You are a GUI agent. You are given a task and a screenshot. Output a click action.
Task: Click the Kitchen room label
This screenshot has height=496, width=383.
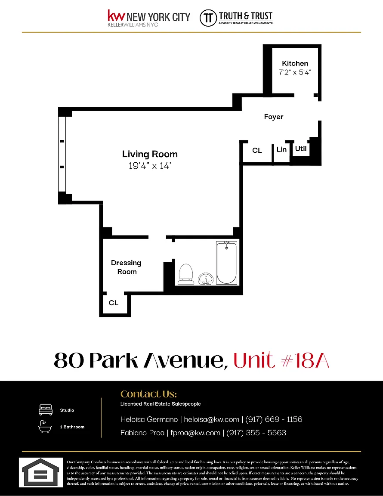click(x=295, y=63)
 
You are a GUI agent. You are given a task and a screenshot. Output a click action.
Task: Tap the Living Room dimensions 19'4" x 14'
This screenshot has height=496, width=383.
click(x=150, y=166)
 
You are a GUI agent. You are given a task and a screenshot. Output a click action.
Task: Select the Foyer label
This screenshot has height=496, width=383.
click(x=274, y=117)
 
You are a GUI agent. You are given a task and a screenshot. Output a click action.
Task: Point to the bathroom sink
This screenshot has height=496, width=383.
click(x=206, y=279)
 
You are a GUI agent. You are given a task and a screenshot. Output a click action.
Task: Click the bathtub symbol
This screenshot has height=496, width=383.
click(x=226, y=263)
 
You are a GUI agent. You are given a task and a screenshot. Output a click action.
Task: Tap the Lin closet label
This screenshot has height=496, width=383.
click(x=281, y=149)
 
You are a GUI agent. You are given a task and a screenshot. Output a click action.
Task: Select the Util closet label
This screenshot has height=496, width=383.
click(x=301, y=149)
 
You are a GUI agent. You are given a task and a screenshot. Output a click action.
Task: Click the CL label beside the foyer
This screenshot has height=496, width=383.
click(x=257, y=151)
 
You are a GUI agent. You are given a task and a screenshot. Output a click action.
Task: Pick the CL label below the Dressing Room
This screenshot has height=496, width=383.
click(x=114, y=303)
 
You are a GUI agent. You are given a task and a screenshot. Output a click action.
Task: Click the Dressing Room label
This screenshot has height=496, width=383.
click(x=126, y=267)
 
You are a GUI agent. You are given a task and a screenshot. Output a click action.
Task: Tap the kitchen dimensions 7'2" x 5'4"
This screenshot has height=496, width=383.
click(x=295, y=72)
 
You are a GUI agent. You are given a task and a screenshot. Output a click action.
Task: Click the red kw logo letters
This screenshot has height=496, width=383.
click(x=116, y=15)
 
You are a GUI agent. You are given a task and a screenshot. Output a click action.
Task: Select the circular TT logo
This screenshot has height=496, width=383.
click(x=208, y=18)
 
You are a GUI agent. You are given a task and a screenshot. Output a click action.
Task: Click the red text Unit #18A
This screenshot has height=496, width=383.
click(x=281, y=360)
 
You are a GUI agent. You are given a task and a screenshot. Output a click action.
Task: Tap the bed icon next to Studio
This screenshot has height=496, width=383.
click(x=46, y=410)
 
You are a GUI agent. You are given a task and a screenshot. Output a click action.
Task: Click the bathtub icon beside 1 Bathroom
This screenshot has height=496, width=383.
click(x=45, y=426)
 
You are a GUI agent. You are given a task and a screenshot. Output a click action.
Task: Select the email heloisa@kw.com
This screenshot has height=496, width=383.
click(x=212, y=419)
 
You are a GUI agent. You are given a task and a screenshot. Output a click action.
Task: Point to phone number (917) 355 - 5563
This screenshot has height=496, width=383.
click(x=256, y=433)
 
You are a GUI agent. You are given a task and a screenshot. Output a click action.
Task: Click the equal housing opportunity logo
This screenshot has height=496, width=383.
click(x=41, y=473)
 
